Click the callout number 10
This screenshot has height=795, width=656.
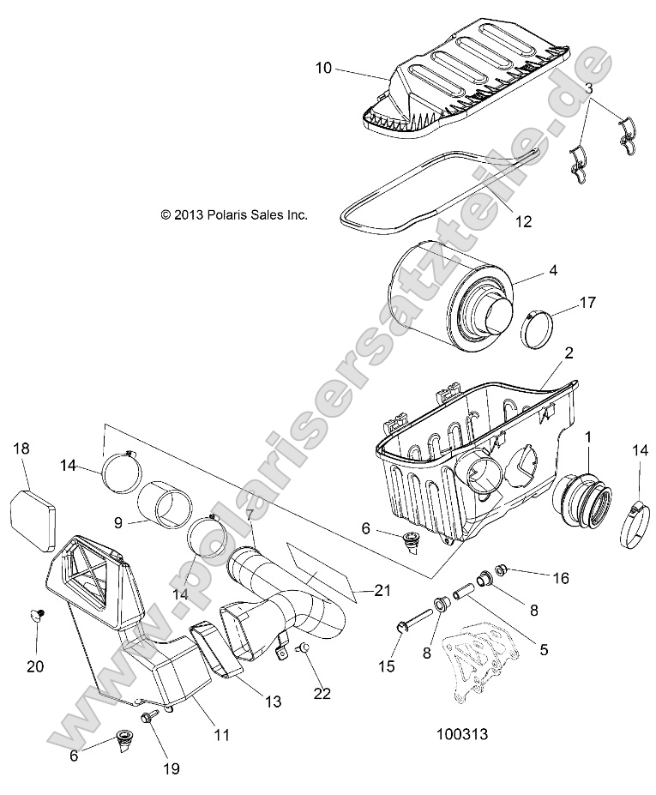tap(323, 68)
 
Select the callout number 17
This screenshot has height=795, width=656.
tap(587, 303)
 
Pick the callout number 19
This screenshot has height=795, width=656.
tap(172, 768)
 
